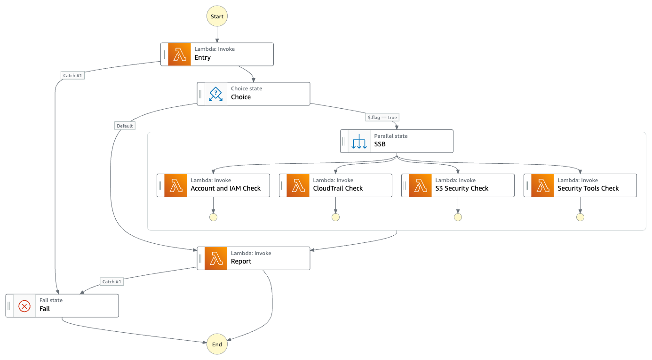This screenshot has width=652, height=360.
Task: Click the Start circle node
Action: click(x=217, y=16)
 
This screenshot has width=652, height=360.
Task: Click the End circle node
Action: click(x=217, y=344)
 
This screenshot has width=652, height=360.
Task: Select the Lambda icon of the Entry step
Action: click(x=179, y=55)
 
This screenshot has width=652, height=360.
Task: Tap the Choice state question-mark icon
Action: click(x=216, y=94)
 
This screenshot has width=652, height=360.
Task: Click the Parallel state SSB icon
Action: click(x=359, y=141)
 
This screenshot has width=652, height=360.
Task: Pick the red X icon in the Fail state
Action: click(x=24, y=306)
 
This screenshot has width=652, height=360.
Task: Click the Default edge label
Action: click(x=125, y=126)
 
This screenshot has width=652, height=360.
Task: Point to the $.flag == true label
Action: click(x=383, y=118)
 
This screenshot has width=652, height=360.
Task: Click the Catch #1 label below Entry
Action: click(x=72, y=75)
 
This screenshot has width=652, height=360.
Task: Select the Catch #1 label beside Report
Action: click(x=112, y=281)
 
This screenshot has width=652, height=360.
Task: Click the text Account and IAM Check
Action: click(x=225, y=188)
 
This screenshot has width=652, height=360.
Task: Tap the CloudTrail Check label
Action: click(x=338, y=188)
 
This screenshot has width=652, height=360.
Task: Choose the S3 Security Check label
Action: click(x=461, y=188)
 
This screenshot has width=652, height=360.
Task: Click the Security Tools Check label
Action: click(x=588, y=188)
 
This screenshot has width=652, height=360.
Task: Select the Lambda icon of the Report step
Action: click(x=216, y=258)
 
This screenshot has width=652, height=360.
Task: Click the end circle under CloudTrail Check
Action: click(x=335, y=217)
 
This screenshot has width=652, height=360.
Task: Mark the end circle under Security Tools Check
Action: click(x=580, y=217)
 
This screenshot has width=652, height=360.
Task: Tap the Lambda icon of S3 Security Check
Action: click(x=420, y=185)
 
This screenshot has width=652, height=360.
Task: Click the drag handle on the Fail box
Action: click(x=9, y=306)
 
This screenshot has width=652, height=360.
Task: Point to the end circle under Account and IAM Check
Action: click(x=213, y=217)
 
